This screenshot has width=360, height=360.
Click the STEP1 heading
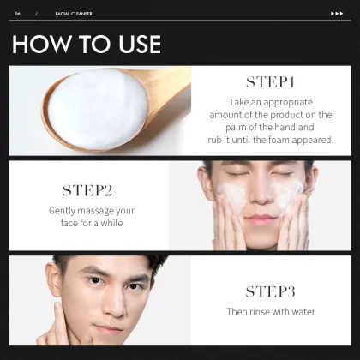(270, 82)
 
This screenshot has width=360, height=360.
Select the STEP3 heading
(270, 291)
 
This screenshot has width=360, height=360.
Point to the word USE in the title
(134, 45)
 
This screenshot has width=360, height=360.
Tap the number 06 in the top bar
(17, 14)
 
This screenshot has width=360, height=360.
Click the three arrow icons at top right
(337, 14)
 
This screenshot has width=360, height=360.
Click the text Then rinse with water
(270, 311)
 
